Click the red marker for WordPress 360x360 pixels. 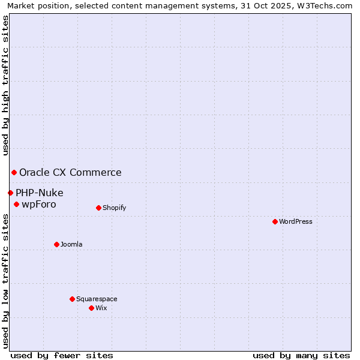click(275, 221)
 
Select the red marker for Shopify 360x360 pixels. click(98, 208)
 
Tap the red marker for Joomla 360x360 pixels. click(56, 244)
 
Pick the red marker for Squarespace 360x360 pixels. click(72, 299)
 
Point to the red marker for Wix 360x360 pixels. click(91, 308)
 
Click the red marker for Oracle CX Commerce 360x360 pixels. click(14, 173)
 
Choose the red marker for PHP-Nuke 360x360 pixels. click(10, 193)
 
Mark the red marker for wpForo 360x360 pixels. click(16, 205)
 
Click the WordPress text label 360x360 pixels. click(296, 221)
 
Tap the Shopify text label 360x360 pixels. click(114, 208)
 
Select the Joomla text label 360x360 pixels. click(71, 244)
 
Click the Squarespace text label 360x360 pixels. click(97, 299)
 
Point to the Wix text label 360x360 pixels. click(101, 308)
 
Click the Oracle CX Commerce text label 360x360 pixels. click(70, 173)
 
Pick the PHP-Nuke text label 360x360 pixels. click(40, 193)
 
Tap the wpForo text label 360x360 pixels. click(39, 205)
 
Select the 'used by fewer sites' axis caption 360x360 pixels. click(62, 355)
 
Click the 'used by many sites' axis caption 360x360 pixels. click(301, 355)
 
